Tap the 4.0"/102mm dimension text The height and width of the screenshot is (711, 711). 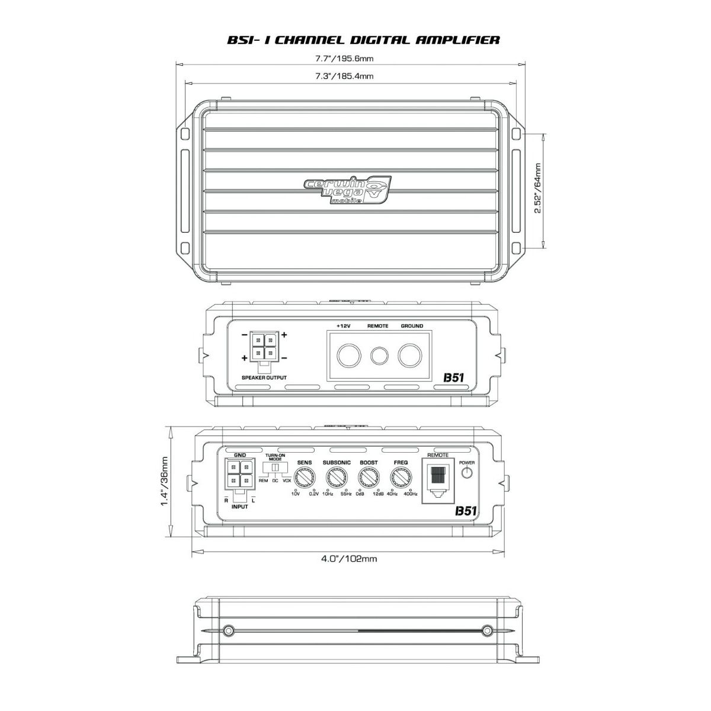(x=349, y=558)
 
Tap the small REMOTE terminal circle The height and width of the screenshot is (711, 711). (x=379, y=355)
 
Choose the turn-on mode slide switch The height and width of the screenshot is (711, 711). (x=274, y=468)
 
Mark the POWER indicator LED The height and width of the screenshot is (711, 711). (x=467, y=472)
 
